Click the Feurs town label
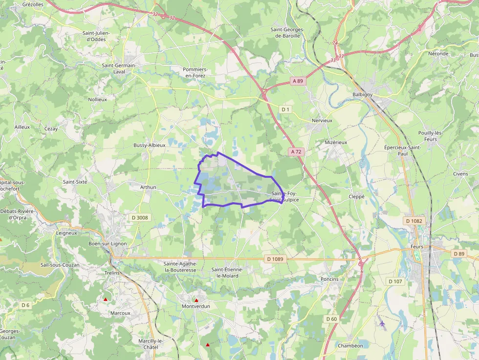coord(417,247)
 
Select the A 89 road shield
coord(298,81)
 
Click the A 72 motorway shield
coord(295,152)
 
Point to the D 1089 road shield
coord(275,258)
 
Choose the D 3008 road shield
coord(140,217)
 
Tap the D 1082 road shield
coord(414,221)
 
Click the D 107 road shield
coord(395,281)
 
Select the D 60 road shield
coord(331,319)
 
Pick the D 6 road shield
coord(25,305)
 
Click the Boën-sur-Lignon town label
coord(108,244)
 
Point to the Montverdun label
coord(196,306)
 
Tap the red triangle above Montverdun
coord(196,300)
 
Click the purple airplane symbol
coord(382,323)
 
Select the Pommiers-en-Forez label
coord(195,72)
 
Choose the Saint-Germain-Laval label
coord(118,68)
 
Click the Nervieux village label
coord(322,120)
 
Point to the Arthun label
coord(148,187)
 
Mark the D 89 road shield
coord(459,254)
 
